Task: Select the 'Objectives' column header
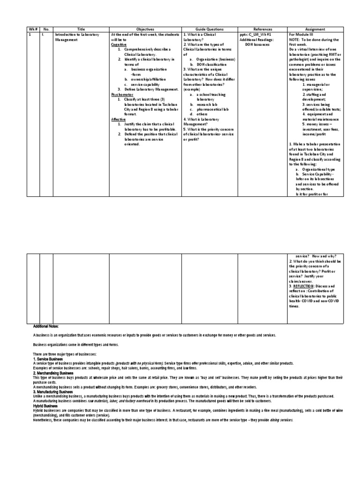pyautogui.click(x=145, y=29)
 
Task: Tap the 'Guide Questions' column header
pyautogui.click(x=209, y=29)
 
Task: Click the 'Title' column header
pyautogui.click(x=81, y=29)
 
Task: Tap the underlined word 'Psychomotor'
pyautogui.click(x=121, y=94)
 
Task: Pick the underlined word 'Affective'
pyautogui.click(x=119, y=119)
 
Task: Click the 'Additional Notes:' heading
pyautogui.click(x=46, y=326)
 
